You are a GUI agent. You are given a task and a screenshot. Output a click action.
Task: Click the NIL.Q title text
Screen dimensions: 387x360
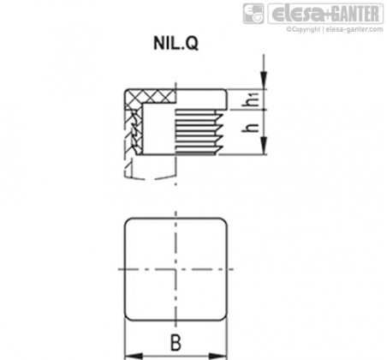[x=176, y=44]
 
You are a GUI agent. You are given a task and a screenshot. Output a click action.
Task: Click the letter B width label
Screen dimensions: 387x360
[x=176, y=342]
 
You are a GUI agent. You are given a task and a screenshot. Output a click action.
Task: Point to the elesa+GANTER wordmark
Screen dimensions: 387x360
[x=326, y=13]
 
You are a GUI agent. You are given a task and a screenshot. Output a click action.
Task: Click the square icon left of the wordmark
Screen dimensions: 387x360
[x=253, y=14]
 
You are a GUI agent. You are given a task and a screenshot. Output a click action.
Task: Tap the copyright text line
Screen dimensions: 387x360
[x=335, y=29]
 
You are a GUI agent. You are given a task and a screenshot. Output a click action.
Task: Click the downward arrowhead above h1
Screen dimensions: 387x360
[x=264, y=81]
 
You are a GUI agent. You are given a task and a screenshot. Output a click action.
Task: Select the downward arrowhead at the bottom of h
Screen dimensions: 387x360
[x=264, y=146]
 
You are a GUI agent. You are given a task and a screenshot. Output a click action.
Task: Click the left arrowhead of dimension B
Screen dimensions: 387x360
[x=134, y=356]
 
